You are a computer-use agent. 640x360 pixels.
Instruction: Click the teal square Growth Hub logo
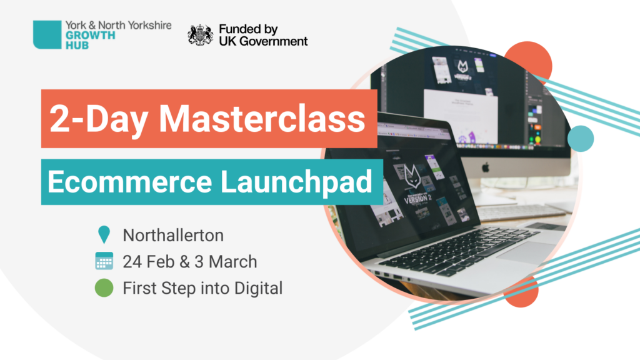47,35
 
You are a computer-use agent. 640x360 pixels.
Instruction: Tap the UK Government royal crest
201,35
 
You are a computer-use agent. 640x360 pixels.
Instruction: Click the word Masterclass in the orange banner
262,119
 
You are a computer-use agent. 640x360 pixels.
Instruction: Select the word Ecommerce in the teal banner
130,182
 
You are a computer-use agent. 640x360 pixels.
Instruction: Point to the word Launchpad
297,182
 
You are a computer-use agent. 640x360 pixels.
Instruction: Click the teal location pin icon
104,235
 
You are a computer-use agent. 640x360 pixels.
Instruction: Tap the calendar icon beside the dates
104,261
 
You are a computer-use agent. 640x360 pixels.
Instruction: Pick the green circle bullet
104,287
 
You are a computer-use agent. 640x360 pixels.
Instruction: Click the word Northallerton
173,236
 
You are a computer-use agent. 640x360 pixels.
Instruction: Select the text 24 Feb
149,262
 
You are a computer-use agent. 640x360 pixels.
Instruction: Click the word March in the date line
232,262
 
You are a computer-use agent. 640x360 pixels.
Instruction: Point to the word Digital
258,289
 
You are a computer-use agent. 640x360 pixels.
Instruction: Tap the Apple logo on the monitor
485,167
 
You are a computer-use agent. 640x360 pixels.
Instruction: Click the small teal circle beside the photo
581,139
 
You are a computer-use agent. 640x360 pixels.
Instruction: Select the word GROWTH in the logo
90,36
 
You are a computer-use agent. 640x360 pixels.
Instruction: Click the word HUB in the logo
77,45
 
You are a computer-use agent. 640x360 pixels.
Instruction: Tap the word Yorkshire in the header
150,26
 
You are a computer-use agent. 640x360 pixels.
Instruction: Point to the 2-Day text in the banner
98,119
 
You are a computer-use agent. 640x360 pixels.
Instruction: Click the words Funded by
248,29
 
